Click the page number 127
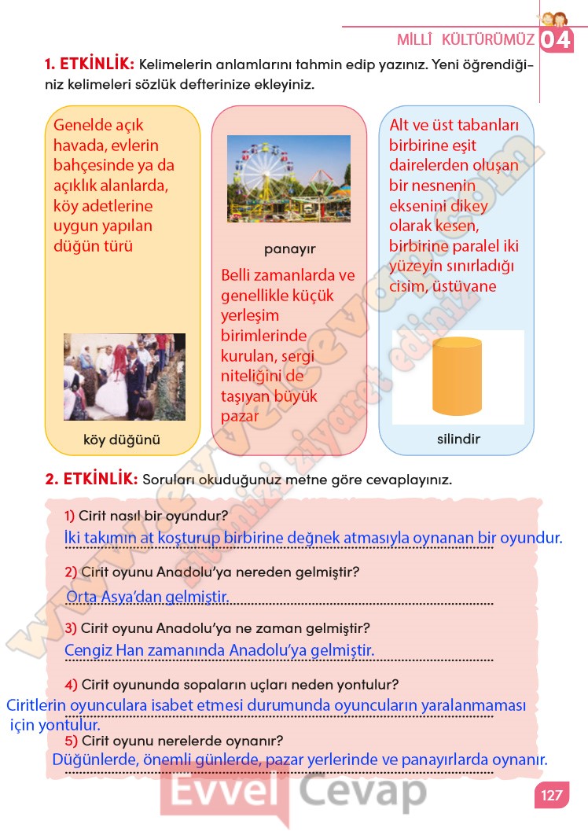[x=552, y=795]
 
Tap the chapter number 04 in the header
[x=557, y=39]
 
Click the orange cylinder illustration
[x=457, y=376]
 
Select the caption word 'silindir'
[x=458, y=439]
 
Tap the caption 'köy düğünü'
[x=122, y=440]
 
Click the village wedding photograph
[x=124, y=377]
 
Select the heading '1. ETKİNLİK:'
[x=90, y=64]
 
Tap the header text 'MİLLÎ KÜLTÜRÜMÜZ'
[x=465, y=39]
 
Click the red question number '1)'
[x=70, y=516]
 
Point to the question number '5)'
[x=70, y=741]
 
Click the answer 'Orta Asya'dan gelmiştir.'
[x=147, y=597]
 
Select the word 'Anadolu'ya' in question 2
[x=189, y=572]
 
